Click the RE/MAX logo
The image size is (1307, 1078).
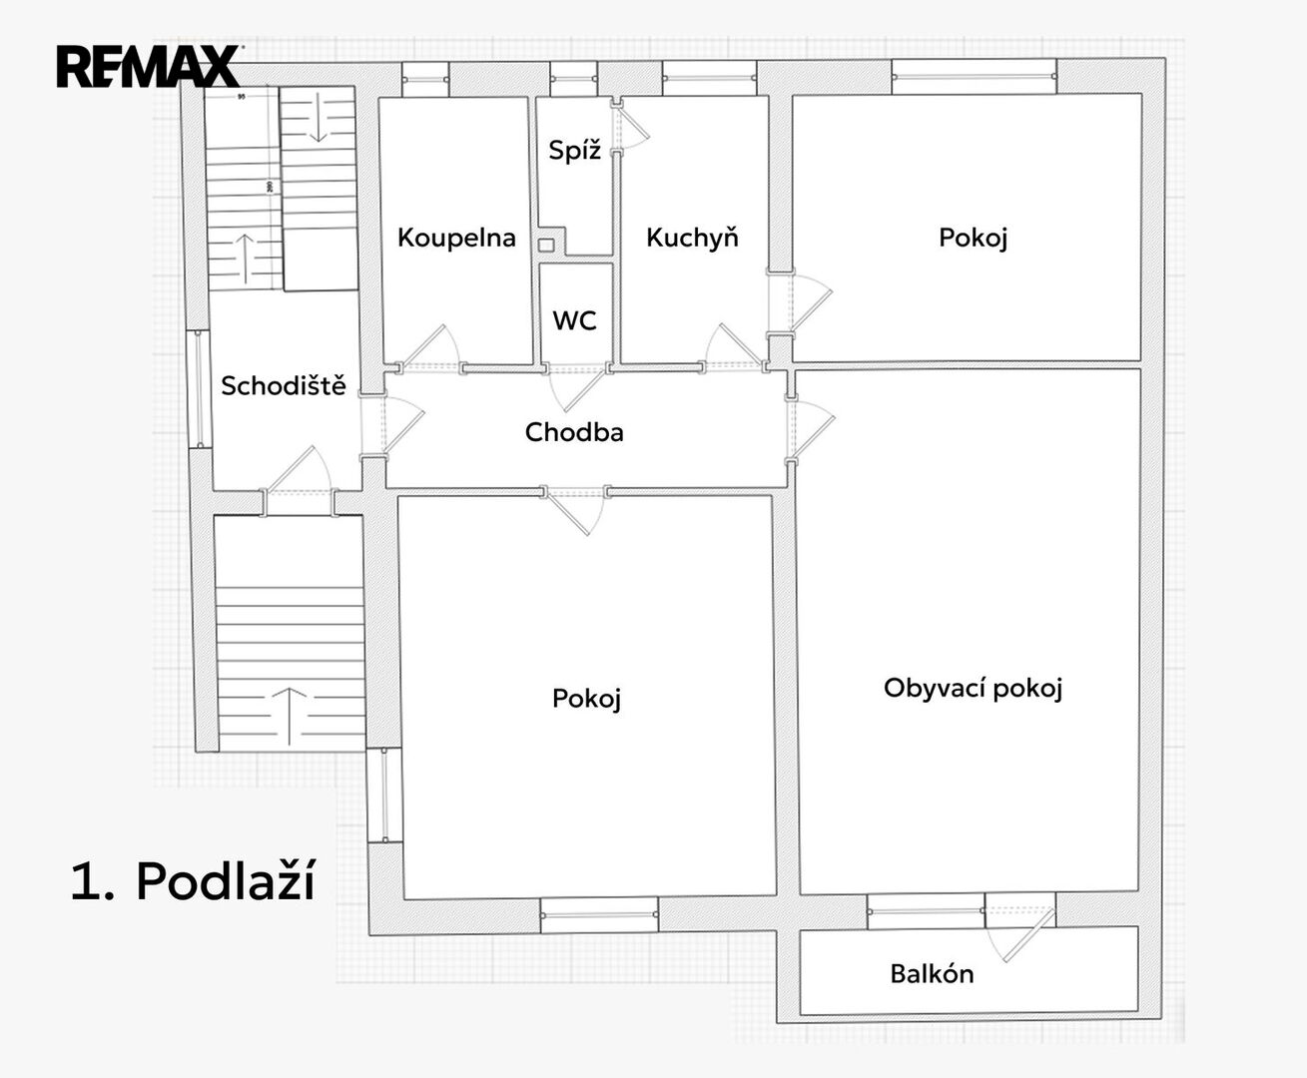(149, 66)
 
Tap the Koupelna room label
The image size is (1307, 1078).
(456, 238)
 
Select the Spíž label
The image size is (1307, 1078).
(575, 150)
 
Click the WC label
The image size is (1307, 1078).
(575, 320)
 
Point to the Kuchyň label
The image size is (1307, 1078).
(692, 238)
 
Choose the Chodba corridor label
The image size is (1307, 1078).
(574, 432)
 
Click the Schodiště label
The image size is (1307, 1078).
(284, 385)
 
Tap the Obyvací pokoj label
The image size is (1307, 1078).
(973, 688)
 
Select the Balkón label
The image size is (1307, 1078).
(932, 974)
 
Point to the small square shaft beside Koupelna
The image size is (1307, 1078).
(546, 245)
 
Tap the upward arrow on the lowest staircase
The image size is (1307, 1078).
(290, 717)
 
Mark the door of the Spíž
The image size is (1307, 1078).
(631, 125)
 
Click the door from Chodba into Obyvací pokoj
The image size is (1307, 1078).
(811, 429)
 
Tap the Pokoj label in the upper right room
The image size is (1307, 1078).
(973, 238)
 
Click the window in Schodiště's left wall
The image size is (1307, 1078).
(199, 388)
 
